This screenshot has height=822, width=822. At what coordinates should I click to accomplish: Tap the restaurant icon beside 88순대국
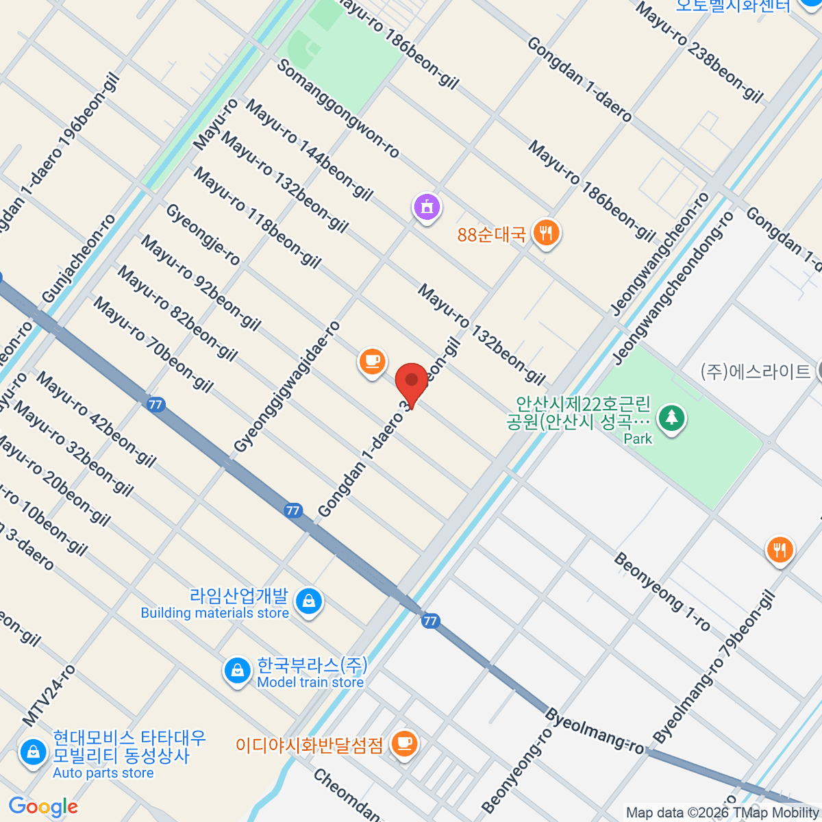click(545, 234)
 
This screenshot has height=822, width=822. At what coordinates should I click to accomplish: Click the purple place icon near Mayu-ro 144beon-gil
click(427, 206)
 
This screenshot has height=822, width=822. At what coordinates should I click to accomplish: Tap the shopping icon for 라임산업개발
click(308, 602)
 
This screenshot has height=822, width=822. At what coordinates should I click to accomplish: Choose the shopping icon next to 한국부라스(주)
click(237, 671)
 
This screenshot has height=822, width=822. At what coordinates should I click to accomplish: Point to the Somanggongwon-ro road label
click(338, 109)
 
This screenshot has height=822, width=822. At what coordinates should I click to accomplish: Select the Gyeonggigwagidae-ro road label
click(287, 387)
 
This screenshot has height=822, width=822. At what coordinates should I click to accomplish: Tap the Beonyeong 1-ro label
click(662, 591)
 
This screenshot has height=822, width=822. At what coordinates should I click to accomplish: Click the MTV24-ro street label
click(49, 695)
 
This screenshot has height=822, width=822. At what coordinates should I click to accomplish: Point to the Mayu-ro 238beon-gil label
click(699, 52)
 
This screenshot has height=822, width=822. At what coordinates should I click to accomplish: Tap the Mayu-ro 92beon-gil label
click(201, 283)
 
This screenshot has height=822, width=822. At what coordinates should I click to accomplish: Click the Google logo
click(43, 807)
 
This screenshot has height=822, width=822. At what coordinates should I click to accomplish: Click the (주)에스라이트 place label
click(755, 371)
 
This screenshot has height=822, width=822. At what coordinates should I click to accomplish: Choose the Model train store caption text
click(310, 682)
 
